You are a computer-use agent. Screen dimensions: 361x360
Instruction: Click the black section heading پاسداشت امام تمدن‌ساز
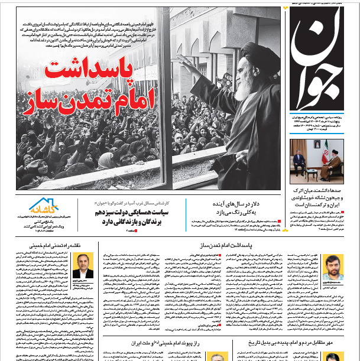tap(261, 244)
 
